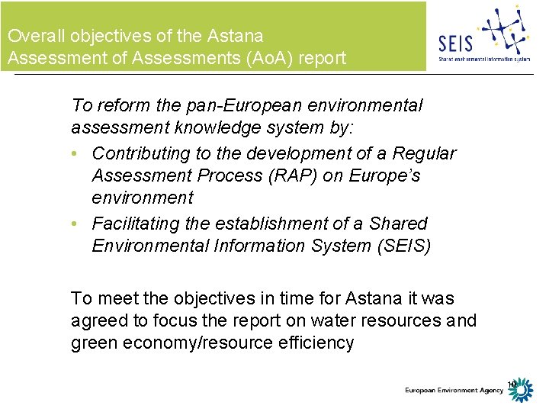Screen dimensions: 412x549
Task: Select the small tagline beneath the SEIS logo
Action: click(483, 58)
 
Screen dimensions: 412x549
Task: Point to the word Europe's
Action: click(385, 175)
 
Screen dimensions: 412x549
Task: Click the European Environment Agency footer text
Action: click(454, 391)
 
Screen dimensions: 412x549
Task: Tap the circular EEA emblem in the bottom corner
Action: click(522, 391)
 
